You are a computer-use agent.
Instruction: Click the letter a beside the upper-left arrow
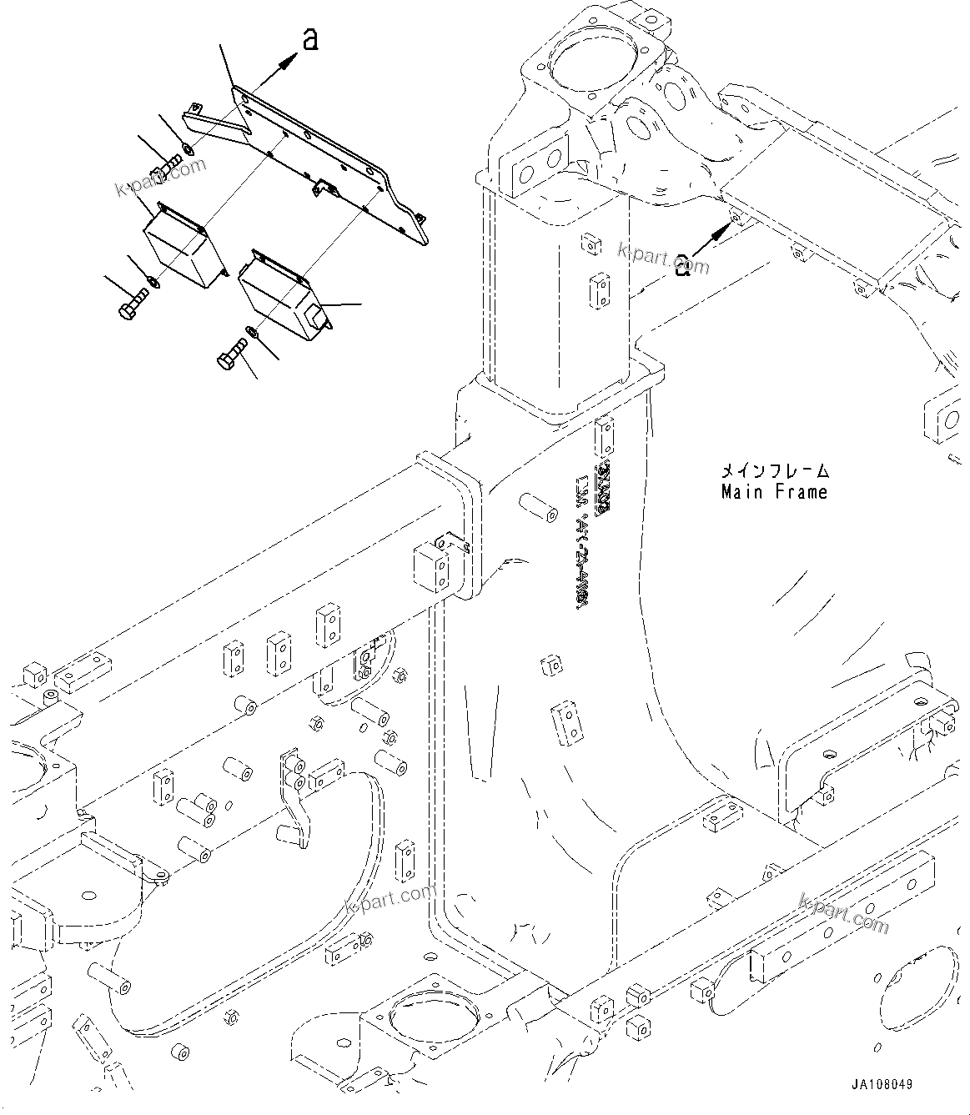click(x=310, y=39)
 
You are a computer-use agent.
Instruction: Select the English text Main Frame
click(x=774, y=492)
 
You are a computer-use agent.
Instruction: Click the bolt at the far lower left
click(x=133, y=304)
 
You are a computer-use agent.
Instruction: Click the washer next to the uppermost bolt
click(x=188, y=149)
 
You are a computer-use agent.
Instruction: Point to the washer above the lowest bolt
click(x=253, y=334)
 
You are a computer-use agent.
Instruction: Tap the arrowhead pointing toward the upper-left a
click(x=288, y=58)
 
